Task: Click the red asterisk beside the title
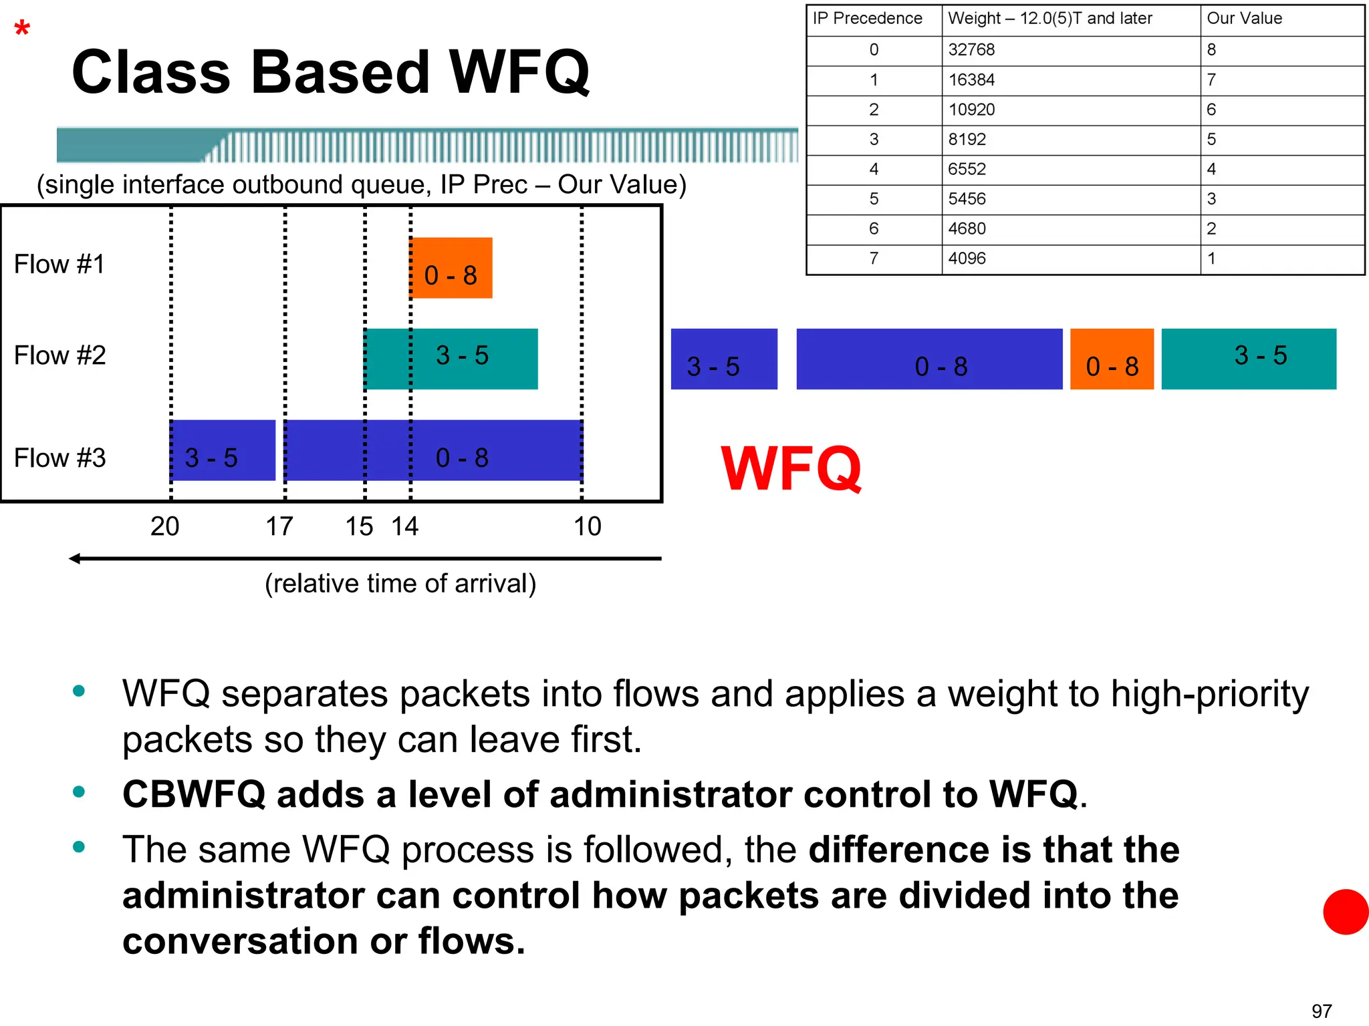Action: point(22,28)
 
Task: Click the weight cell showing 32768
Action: point(971,50)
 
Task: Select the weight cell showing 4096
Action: point(967,259)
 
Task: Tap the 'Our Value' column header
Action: point(1244,19)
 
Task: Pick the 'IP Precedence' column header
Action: point(867,19)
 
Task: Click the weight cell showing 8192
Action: point(967,140)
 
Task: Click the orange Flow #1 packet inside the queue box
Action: point(451,268)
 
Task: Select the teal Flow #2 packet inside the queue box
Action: point(451,358)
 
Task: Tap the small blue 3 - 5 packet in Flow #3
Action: point(223,450)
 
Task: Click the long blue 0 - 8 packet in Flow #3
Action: point(433,450)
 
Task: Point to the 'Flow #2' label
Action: point(60,355)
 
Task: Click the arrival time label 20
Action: point(164,527)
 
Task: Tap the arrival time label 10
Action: point(588,527)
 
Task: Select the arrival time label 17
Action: point(279,527)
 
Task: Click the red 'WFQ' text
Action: point(791,468)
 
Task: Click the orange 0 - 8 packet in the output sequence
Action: point(1112,359)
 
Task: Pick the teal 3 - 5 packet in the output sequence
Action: point(1249,359)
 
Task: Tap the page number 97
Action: point(1322,1011)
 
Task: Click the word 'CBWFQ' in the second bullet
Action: point(194,795)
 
